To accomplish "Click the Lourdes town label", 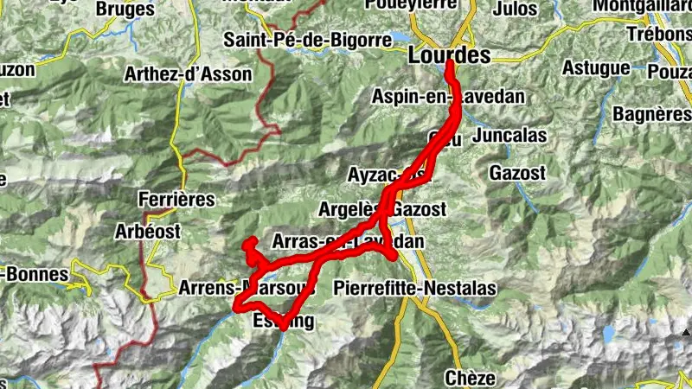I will [448, 55].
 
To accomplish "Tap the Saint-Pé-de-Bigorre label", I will [294, 39].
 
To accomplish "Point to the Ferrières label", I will [176, 199].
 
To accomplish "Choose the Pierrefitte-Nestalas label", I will [414, 287].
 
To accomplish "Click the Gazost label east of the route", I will [517, 173].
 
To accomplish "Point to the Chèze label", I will [470, 378].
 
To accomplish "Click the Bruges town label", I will [126, 10].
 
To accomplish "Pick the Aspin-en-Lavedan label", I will [448, 96].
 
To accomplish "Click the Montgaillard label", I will [642, 6].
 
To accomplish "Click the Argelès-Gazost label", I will [381, 209].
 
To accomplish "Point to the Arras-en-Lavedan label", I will [348, 241].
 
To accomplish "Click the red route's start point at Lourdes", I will [450, 63].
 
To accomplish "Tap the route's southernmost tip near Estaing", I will [283, 328].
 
